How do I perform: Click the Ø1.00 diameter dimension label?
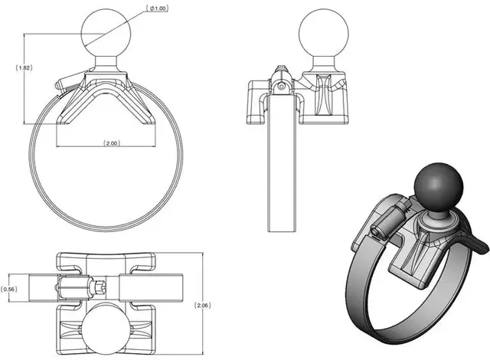159,8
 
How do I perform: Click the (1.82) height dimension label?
24,68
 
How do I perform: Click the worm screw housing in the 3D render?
384,222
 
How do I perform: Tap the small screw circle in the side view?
283,87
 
